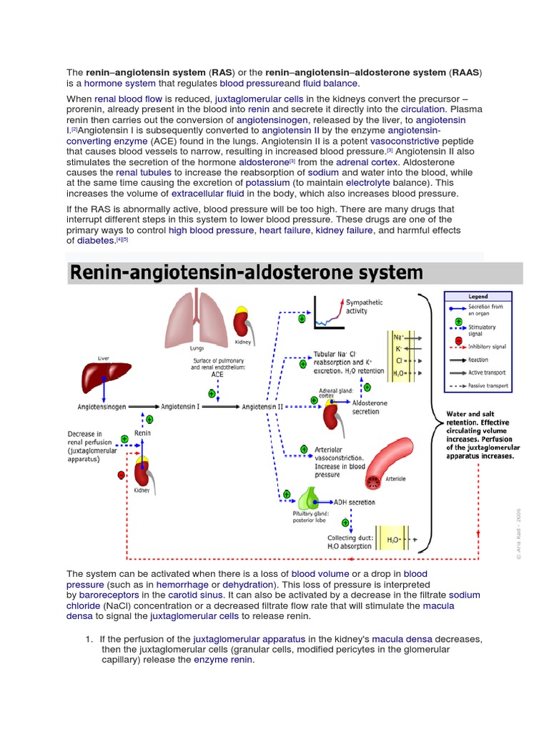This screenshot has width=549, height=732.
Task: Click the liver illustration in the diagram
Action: click(104, 375)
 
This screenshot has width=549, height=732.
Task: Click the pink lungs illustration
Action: click(192, 318)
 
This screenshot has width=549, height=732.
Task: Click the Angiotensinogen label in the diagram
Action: click(102, 406)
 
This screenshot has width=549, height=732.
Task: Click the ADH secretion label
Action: click(355, 503)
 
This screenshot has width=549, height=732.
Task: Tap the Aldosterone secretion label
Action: click(370, 407)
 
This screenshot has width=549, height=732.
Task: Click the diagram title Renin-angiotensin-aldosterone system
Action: click(246, 272)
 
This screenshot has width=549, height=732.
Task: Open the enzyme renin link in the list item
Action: click(223, 660)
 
